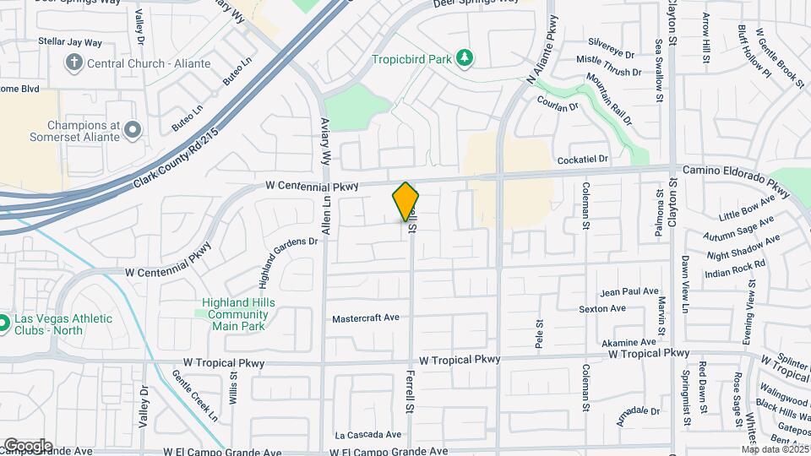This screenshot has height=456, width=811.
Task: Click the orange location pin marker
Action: tap(406, 202)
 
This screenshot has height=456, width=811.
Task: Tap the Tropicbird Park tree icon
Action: tap(464, 58)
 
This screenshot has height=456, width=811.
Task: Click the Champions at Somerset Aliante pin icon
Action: tap(132, 129)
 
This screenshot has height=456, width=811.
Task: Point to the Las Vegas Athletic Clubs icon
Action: tap(3, 323)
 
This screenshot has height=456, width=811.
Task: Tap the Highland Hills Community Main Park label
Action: tap(239, 314)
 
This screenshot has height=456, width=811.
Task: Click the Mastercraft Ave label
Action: tap(365, 318)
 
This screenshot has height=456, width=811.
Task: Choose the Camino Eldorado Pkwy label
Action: tap(737, 171)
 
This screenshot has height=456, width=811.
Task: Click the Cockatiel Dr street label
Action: tap(583, 160)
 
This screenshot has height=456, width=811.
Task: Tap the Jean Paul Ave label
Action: tap(629, 291)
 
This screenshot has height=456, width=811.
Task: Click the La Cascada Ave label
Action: tap(367, 436)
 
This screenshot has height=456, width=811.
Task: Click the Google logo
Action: tap(27, 445)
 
